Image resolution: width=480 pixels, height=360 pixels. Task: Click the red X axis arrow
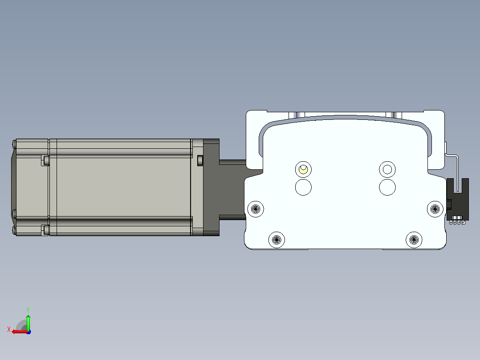[20, 331]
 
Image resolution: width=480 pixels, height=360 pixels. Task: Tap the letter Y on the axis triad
[28, 310]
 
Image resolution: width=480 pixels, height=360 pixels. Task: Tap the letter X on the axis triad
[9, 329]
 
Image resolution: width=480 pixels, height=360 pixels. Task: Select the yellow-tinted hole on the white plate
[303, 169]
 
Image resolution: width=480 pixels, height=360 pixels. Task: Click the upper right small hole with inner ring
[387, 169]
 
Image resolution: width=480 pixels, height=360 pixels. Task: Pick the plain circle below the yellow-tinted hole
[303, 187]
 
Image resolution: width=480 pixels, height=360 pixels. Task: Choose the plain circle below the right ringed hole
[387, 187]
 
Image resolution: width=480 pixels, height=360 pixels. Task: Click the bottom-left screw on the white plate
[277, 239]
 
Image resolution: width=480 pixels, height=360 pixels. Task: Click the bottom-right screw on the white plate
[414, 239]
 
